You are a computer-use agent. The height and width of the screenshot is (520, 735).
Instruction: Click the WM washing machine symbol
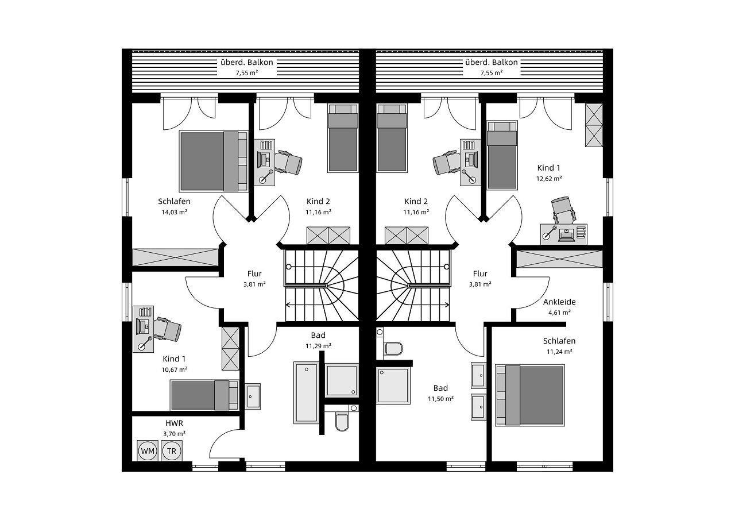(148, 451)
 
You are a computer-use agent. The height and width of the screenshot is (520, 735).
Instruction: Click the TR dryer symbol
(171, 451)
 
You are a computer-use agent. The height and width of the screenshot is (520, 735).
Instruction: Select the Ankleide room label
(559, 302)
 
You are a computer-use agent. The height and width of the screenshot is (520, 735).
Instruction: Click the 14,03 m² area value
(174, 212)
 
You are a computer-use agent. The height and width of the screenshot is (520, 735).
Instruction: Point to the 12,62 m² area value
(548, 178)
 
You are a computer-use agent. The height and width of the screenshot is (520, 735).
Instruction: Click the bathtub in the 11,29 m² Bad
(306, 392)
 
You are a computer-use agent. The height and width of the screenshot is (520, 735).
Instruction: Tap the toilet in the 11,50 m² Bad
(393, 348)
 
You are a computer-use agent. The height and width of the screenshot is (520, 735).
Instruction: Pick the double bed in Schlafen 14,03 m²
(209, 161)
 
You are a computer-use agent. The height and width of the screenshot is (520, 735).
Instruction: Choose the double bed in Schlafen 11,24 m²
(530, 395)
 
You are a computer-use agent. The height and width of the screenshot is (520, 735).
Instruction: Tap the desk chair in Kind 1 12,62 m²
(562, 210)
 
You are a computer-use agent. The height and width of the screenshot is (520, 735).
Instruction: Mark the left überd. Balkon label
(246, 62)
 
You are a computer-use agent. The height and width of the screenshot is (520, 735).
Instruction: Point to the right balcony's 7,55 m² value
(491, 73)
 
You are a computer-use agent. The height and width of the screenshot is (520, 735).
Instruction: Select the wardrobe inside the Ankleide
(559, 258)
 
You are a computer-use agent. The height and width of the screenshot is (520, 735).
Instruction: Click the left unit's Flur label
(254, 274)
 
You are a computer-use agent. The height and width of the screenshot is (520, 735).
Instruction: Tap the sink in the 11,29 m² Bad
(253, 396)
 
